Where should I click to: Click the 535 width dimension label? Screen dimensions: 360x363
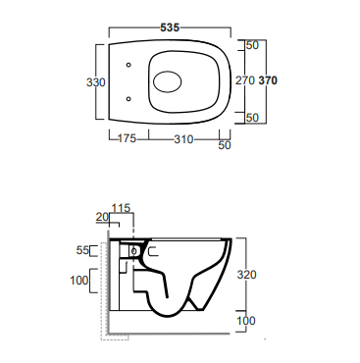click(170, 27)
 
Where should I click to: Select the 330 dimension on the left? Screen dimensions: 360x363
click(96, 82)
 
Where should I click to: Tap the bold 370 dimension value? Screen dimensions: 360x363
click(268, 80)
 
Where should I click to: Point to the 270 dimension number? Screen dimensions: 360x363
click(245, 80)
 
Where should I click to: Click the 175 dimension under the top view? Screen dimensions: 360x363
click(127, 138)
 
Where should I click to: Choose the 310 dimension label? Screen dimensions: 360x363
click(183, 139)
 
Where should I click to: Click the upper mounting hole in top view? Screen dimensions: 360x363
click(129, 65)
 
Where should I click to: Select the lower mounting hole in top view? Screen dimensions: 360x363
click(129, 98)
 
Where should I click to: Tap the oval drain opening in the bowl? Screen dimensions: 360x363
click(168, 81)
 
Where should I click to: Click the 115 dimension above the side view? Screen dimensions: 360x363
click(121, 208)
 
